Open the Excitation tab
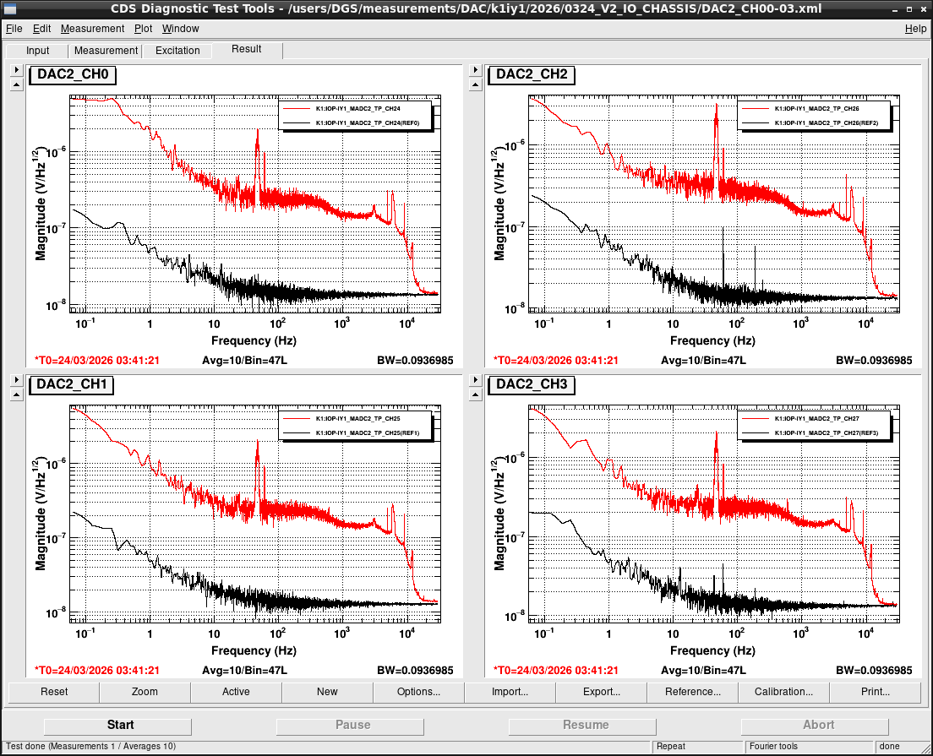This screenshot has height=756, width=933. [177, 51]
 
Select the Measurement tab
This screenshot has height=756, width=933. [106, 51]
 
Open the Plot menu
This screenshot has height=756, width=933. [143, 29]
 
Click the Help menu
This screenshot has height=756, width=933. [915, 29]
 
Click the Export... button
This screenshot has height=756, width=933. [601, 692]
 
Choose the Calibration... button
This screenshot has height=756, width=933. [783, 692]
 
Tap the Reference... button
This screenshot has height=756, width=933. [693, 692]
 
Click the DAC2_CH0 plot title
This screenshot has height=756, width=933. [73, 74]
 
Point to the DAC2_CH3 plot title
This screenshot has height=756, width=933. [532, 384]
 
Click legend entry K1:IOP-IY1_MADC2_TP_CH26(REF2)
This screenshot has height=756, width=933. [826, 123]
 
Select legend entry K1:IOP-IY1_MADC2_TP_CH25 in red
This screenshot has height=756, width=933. [357, 419]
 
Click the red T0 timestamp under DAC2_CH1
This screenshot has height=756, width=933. [97, 671]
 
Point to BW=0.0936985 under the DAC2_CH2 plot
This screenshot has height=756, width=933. [874, 361]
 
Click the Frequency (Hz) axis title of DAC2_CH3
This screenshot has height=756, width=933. [712, 650]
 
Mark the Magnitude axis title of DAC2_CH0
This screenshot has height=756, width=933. [39, 204]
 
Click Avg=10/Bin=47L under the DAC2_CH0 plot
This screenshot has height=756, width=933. [244, 361]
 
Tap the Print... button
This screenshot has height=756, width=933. [876, 692]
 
